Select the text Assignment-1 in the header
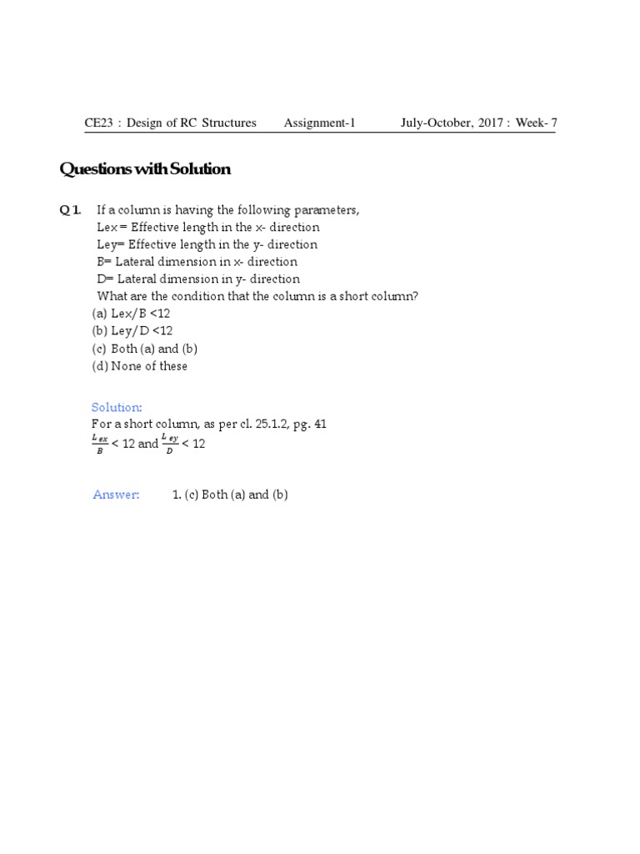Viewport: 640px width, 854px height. [x=319, y=123]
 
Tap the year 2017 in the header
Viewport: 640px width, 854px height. [x=488, y=123]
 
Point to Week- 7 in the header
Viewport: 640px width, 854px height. [x=537, y=123]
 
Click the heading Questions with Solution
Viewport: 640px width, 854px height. [x=145, y=169]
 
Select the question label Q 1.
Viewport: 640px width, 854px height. [x=70, y=210]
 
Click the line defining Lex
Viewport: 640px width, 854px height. [x=208, y=228]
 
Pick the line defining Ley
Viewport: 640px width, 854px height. [x=207, y=245]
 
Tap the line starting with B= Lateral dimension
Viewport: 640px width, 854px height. [x=197, y=262]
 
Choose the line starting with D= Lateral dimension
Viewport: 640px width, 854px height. [x=198, y=279]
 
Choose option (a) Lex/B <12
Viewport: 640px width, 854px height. [x=131, y=314]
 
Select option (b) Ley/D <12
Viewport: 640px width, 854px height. [x=132, y=331]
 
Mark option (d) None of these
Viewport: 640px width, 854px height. [x=139, y=366]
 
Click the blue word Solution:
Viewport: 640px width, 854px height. [x=117, y=407]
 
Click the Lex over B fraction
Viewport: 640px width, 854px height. [x=99, y=444]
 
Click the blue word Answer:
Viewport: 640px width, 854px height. [x=116, y=495]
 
